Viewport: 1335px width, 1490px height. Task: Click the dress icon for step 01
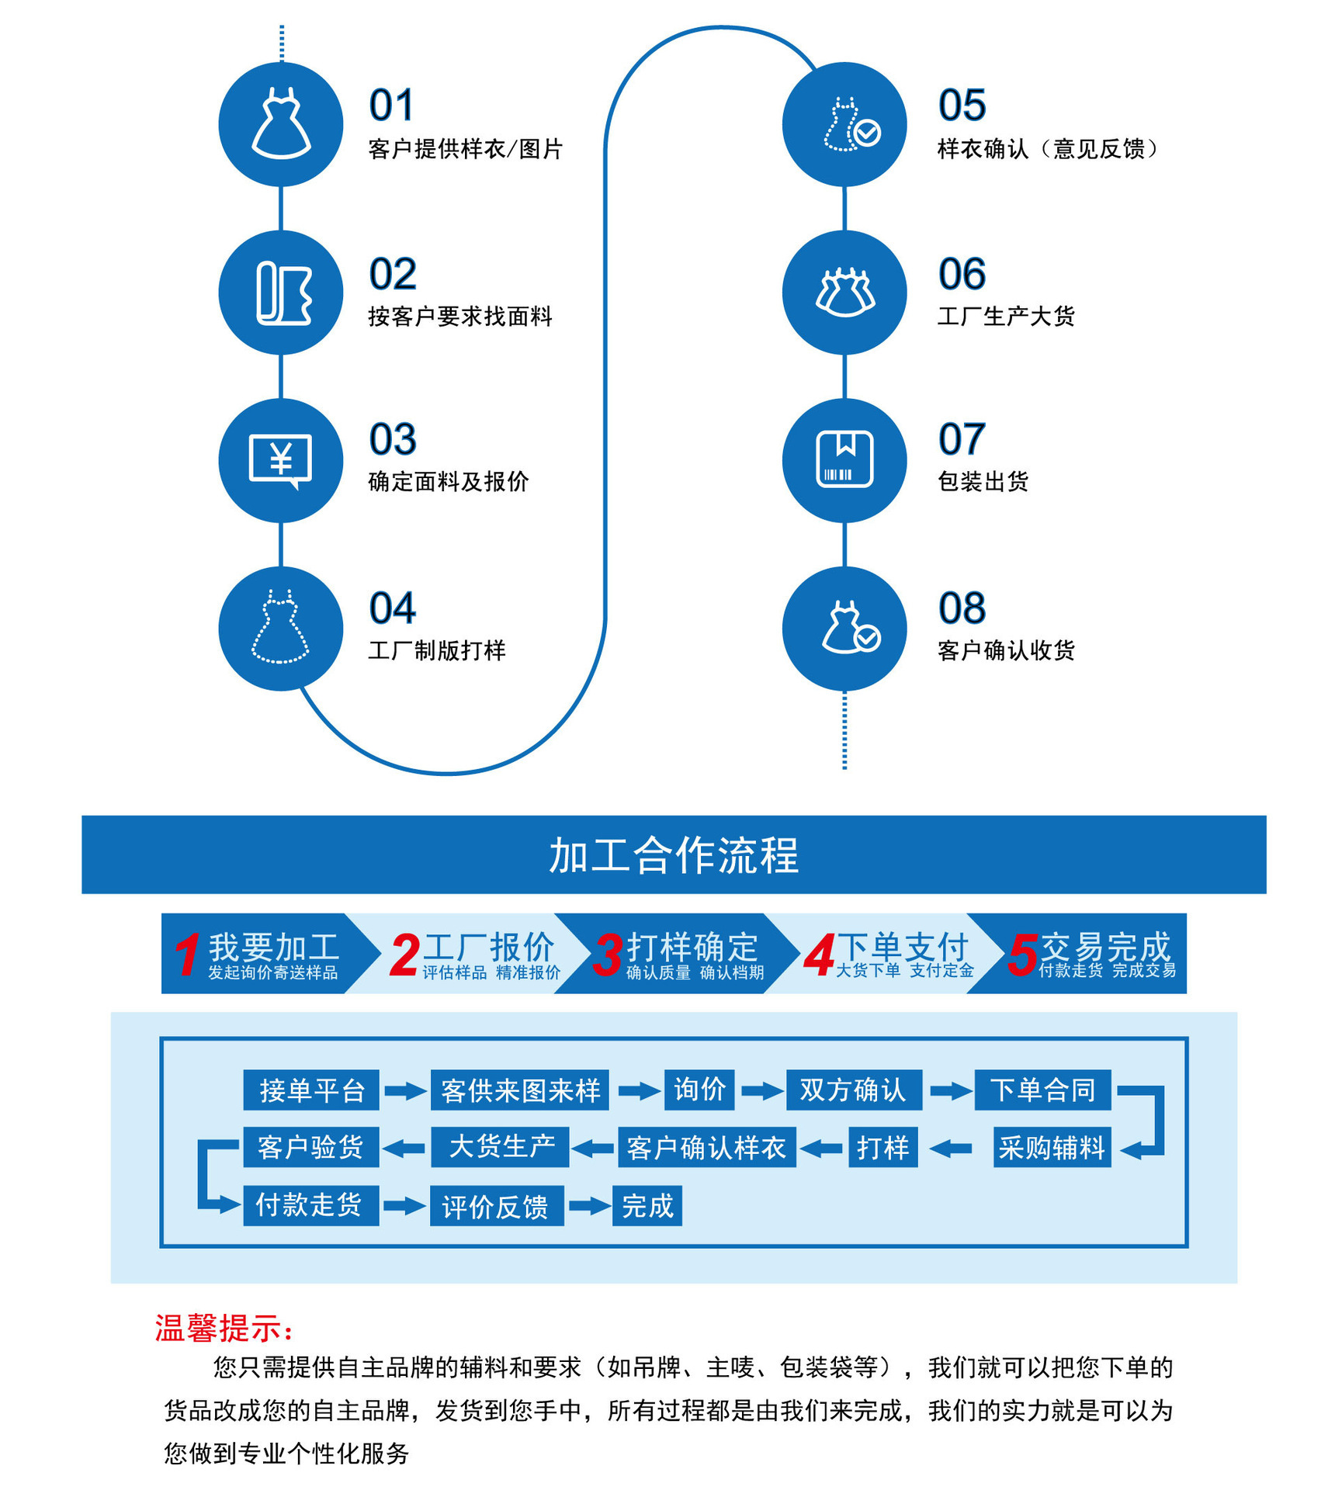click(x=281, y=124)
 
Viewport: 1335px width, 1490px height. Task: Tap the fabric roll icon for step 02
click(x=283, y=293)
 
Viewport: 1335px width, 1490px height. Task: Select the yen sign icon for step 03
click(x=280, y=460)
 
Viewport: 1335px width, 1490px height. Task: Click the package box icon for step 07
click(x=844, y=459)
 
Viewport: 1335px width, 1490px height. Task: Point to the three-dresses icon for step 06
click(x=844, y=293)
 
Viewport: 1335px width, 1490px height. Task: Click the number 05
click(x=962, y=106)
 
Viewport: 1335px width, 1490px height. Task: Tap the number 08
click(x=962, y=608)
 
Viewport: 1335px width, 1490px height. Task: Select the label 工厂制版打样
click(x=437, y=650)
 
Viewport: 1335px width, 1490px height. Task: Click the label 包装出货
click(x=983, y=482)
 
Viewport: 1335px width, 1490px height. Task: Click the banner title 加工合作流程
click(x=673, y=855)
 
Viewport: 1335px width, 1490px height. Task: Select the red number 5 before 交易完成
click(x=1021, y=955)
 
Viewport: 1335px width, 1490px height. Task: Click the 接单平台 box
click(x=311, y=1090)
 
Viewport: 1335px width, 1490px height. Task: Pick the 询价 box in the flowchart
click(x=699, y=1090)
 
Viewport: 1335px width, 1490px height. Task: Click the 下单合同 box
click(x=1042, y=1090)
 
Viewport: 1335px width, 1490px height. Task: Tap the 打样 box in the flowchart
click(x=882, y=1147)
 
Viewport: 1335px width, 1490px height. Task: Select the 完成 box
click(x=647, y=1205)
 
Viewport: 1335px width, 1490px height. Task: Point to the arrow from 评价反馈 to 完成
click(x=589, y=1206)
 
